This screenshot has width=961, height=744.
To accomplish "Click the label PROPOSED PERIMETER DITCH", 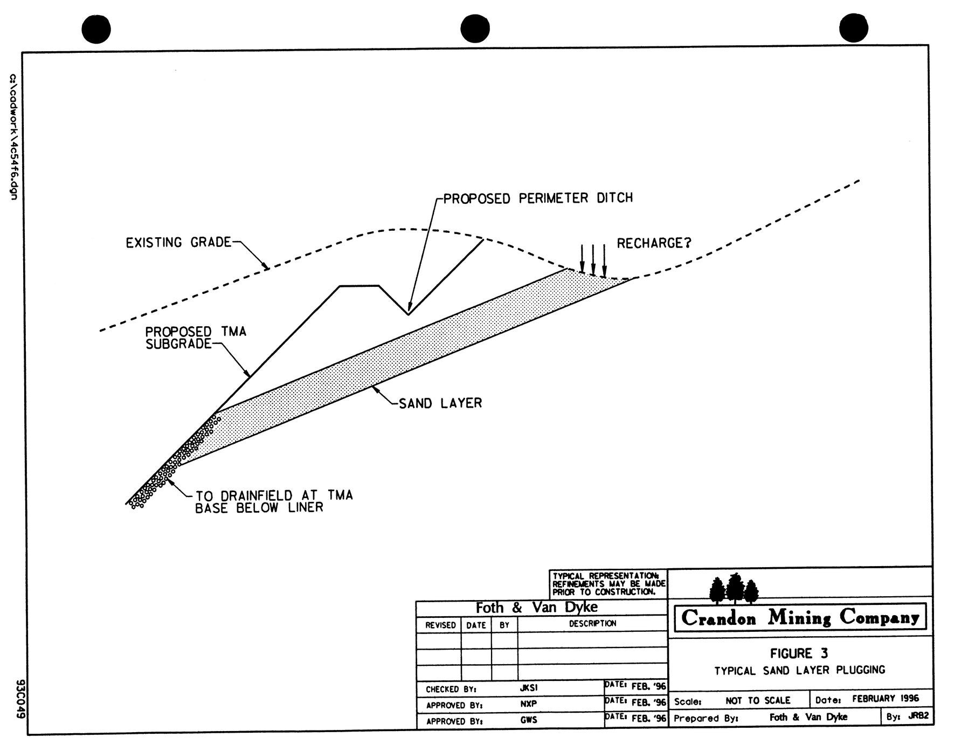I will [538, 198].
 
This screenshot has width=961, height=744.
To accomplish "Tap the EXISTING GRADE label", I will [178, 243].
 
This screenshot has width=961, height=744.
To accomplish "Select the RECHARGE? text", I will [653, 244].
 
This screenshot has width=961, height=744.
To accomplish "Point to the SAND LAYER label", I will [440, 403].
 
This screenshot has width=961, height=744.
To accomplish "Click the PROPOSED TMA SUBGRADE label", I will [195, 338].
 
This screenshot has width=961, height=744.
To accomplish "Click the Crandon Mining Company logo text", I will [800, 618].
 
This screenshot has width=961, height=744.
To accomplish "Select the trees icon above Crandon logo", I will [734, 589].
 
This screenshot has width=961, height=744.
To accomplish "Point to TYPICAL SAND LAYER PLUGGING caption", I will [799, 671].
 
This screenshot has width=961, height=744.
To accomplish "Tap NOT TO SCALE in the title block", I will [757, 701].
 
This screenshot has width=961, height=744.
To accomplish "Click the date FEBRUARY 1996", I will [885, 699].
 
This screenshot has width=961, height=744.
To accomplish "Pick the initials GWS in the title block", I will [529, 720].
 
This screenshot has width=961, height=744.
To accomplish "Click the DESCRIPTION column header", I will [592, 624].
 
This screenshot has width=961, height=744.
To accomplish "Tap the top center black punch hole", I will [475, 29].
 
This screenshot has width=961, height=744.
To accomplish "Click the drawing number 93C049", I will [20, 699].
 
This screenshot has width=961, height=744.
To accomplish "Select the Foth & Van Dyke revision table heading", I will [536, 608].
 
